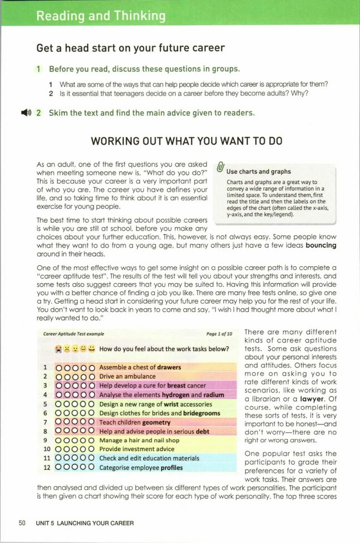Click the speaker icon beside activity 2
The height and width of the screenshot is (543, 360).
pos(24,112)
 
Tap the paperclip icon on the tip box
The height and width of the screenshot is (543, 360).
pos(220,168)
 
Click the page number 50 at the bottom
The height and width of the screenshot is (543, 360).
pos(22,523)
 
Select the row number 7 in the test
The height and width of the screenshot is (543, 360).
pos(44,422)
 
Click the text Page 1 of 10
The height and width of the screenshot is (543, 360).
pos(219,334)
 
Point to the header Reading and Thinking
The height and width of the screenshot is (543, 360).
pos(101,16)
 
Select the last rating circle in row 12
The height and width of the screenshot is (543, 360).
pos(92,468)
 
